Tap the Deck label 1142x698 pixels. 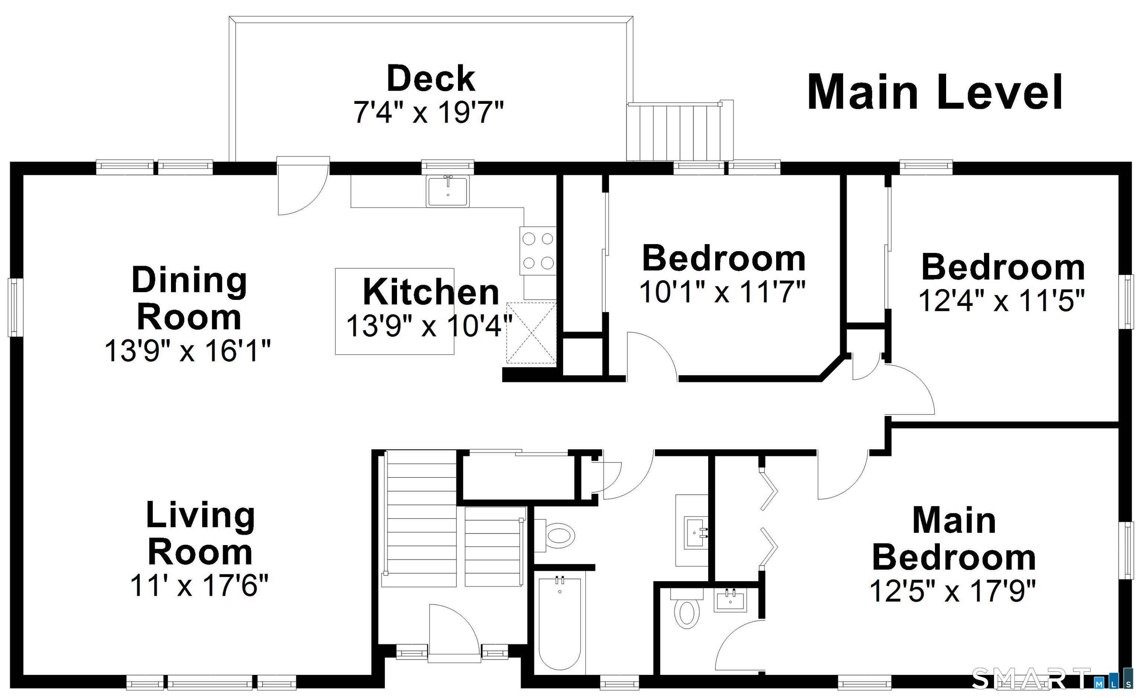[430, 79]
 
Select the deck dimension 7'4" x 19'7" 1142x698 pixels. [428, 112]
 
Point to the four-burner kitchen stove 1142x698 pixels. [538, 251]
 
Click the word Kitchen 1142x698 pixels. [430, 292]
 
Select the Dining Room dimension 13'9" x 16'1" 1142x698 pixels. [188, 350]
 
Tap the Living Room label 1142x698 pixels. [200, 533]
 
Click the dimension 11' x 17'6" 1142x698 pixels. [199, 586]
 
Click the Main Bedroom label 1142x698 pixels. [954, 539]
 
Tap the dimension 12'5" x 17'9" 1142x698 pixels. [952, 591]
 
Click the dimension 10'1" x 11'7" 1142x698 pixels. [723, 292]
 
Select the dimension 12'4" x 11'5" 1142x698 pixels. [1002, 301]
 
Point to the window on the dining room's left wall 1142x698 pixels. [14, 307]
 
